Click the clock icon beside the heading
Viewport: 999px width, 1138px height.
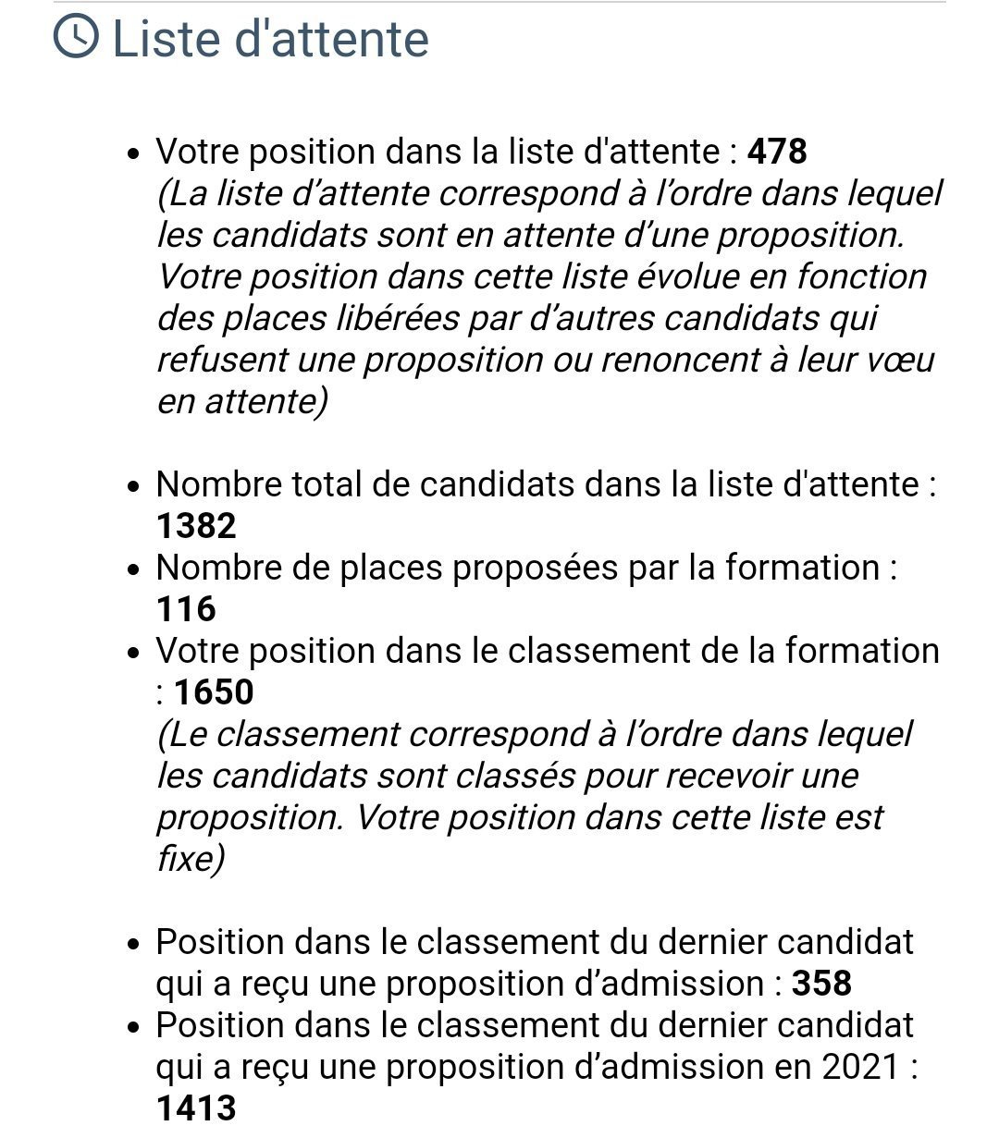tap(75, 39)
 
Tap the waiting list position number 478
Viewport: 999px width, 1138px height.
tap(777, 152)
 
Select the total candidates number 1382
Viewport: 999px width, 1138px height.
tap(196, 525)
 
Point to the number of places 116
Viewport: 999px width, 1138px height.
tap(186, 608)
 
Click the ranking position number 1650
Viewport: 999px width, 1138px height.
tap(214, 691)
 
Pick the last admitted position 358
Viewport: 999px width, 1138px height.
tap(821, 983)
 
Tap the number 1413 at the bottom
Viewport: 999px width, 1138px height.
tap(196, 1107)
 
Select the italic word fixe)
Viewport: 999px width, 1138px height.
tap(191, 859)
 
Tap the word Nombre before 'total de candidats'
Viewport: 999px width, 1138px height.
tap(218, 484)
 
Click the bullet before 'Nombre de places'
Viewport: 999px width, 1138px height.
tap(135, 569)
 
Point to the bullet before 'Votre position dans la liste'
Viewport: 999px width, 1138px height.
tap(135, 153)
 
